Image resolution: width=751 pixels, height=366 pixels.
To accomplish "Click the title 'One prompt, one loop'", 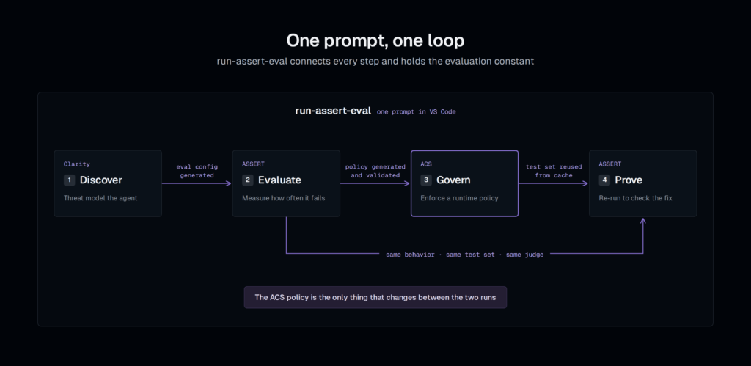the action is coord(375,41).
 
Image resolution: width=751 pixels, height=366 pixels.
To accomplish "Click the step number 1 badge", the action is coord(70,180).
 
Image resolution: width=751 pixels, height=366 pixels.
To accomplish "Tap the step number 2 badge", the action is coord(248,180).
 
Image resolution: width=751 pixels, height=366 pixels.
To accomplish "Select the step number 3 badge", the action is coord(426,180).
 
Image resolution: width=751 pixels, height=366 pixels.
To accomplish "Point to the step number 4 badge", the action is coord(604,180).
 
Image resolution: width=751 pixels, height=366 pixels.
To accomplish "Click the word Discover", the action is coord(101,180).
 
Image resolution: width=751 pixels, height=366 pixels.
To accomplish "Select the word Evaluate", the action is coord(279,180).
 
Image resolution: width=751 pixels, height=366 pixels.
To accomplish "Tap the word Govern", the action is coord(453,180).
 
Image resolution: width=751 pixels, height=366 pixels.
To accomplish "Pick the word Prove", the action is coord(629,180).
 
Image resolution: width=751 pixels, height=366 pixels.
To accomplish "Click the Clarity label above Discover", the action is coord(76,164).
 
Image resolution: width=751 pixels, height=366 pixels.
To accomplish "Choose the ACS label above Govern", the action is coord(426,164).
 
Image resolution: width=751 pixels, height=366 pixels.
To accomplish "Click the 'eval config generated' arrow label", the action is coord(197,171).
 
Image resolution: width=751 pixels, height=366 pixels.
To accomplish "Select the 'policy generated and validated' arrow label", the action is coord(375,171).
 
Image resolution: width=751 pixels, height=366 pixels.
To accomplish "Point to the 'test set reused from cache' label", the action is coord(554,171).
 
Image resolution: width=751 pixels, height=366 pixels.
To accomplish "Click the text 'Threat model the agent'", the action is coord(100,198).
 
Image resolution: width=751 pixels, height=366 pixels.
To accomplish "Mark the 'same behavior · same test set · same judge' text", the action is coord(464,255).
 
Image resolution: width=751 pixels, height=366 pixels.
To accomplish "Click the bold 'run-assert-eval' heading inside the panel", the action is coord(333,111).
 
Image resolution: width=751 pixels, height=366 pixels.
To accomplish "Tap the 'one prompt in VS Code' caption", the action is coord(417,112).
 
